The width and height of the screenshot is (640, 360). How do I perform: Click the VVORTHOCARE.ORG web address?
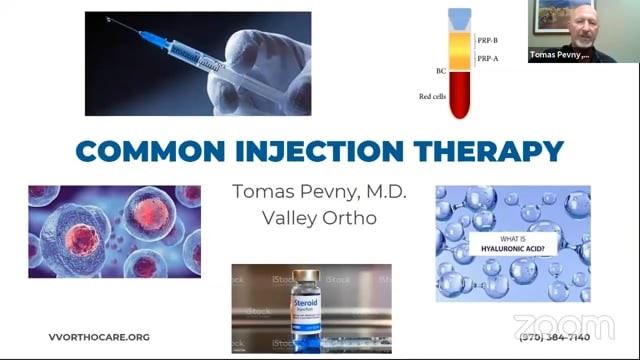click(x=99, y=337)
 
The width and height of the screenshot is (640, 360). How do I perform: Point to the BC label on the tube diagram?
click(x=441, y=71)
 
